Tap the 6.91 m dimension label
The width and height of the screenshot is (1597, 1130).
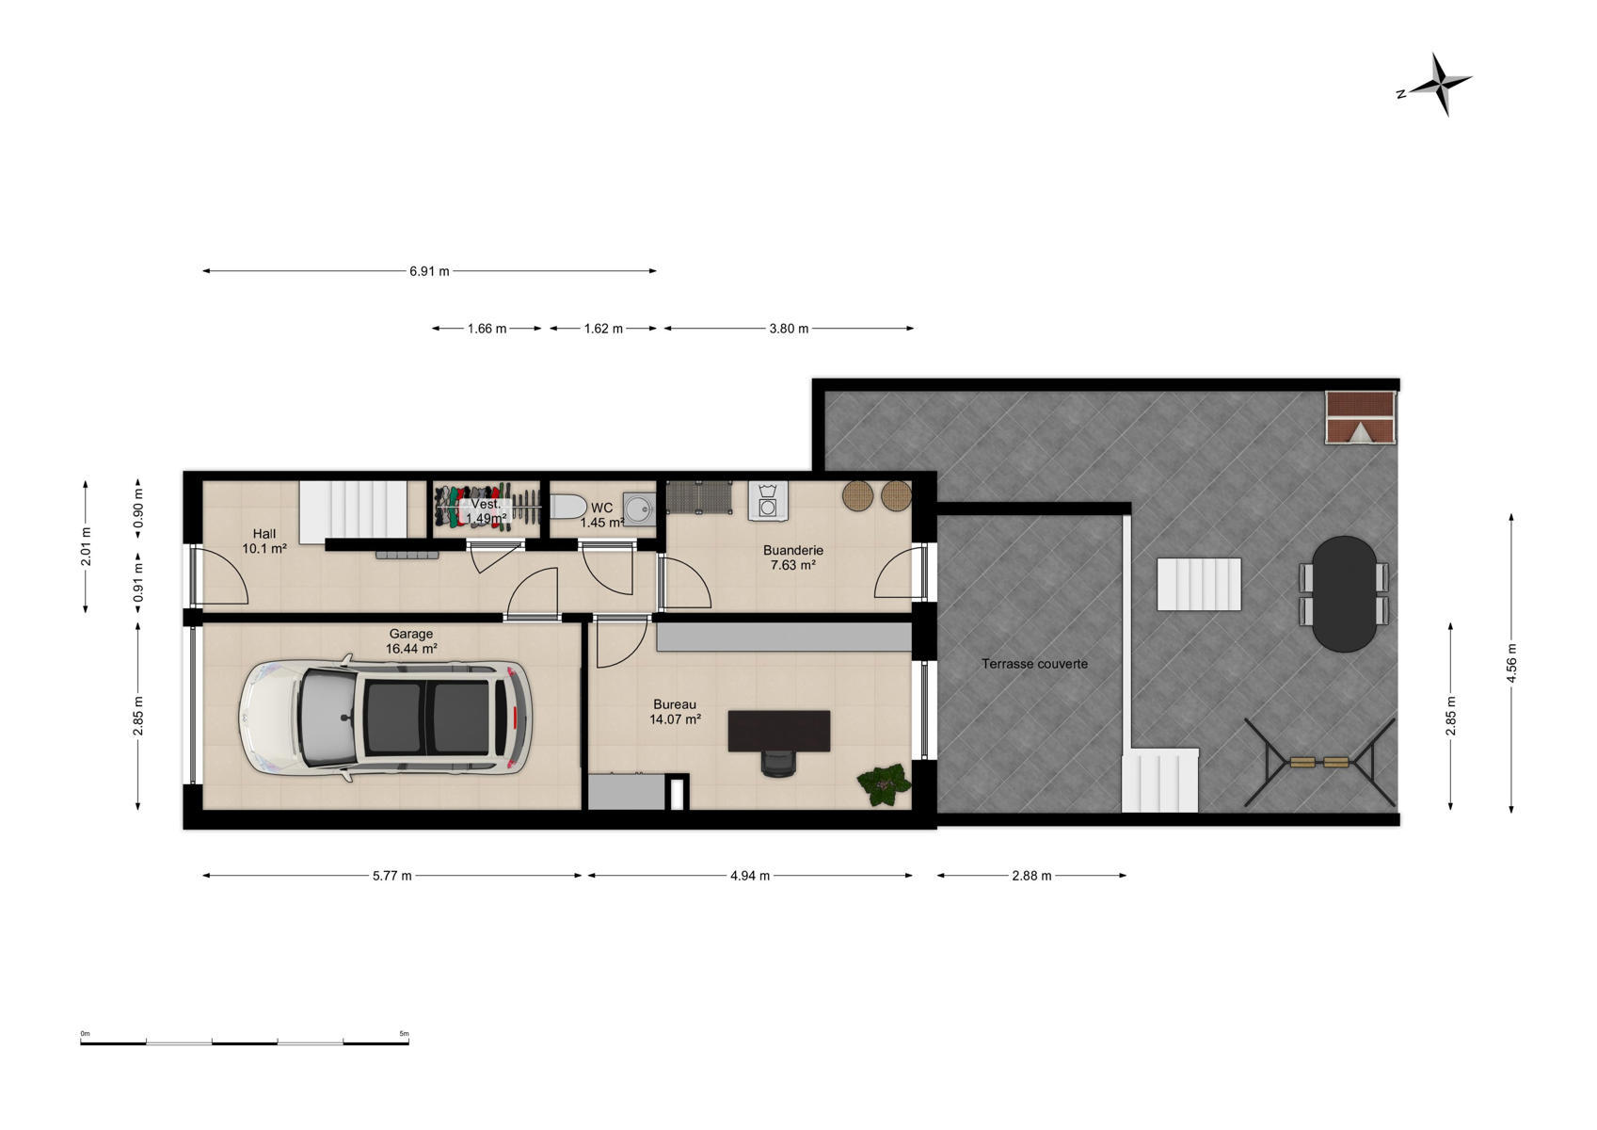(x=429, y=271)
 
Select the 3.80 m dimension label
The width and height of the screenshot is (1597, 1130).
(x=789, y=329)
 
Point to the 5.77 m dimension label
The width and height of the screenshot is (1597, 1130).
(x=392, y=876)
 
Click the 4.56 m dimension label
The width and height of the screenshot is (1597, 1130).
(x=1511, y=663)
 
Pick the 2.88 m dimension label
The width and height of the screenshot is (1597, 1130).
(x=1031, y=876)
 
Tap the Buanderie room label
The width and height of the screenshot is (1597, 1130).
(x=792, y=550)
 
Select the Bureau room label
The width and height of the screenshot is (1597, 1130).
(x=675, y=704)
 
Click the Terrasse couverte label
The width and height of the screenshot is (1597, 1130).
(x=1034, y=664)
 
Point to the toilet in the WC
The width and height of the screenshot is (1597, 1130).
(x=568, y=508)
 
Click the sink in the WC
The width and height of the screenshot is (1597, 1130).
(x=640, y=508)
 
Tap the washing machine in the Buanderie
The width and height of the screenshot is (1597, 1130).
(x=768, y=500)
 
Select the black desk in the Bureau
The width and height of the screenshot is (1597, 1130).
(x=778, y=731)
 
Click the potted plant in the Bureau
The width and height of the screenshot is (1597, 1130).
(x=884, y=784)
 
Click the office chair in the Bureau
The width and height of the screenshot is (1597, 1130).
(x=778, y=764)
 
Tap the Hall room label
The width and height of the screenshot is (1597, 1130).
(x=264, y=534)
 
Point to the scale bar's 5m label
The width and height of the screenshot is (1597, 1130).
(x=405, y=1034)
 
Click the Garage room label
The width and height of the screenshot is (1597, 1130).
(x=410, y=634)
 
